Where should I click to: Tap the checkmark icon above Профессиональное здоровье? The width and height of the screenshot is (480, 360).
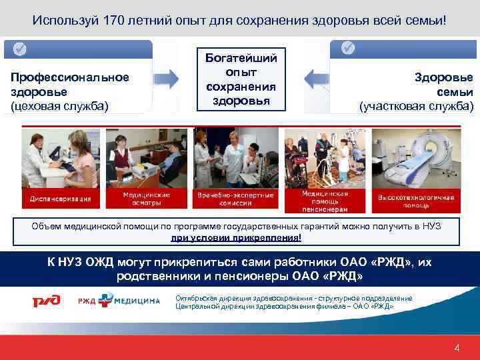coord(20,49)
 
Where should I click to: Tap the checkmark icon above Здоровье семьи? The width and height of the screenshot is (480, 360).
coord(349,49)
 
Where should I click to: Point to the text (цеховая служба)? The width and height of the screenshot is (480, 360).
coord(59,105)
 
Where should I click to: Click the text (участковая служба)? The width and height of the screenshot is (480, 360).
coord(416,106)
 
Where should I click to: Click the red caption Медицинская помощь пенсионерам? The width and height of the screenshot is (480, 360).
coord(322,198)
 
